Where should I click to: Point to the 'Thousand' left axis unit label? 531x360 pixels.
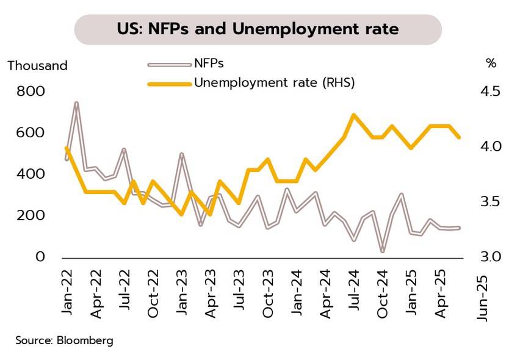coord(37,66)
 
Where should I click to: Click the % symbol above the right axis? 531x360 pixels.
coord(491,63)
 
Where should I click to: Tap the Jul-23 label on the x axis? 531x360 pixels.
coord(239,292)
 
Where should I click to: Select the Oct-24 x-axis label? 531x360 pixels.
coord(383,292)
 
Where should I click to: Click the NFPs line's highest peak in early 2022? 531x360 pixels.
coord(77,103)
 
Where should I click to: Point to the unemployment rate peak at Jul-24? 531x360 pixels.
coord(353,115)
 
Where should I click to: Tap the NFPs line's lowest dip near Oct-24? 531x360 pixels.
coord(383,251)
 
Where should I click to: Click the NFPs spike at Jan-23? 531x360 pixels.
coord(181,154)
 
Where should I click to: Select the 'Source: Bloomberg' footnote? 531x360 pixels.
coord(65,340)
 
